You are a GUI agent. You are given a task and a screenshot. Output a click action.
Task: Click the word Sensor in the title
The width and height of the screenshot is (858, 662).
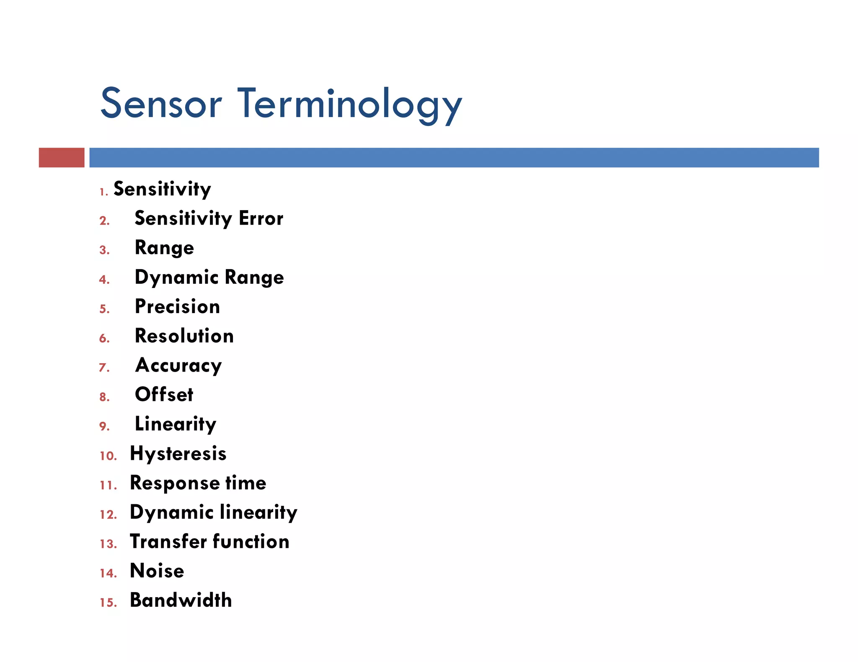(161, 103)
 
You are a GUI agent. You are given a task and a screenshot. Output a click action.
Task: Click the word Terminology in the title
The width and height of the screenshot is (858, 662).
(350, 105)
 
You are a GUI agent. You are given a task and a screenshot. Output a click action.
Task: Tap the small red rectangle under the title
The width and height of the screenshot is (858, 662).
(62, 157)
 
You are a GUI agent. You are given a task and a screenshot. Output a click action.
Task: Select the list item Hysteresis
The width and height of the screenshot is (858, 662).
(178, 454)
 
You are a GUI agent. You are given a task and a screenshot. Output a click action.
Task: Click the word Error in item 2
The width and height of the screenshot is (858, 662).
(261, 218)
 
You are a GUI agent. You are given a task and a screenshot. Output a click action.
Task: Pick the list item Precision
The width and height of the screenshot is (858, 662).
(177, 307)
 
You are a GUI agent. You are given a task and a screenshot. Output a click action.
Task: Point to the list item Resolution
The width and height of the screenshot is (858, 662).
(184, 336)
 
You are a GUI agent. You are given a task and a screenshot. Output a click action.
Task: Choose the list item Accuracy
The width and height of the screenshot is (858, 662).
(178, 366)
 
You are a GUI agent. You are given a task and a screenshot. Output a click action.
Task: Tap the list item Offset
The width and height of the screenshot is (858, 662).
(164, 395)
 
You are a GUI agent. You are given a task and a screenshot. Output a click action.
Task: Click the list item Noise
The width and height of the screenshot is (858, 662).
(157, 571)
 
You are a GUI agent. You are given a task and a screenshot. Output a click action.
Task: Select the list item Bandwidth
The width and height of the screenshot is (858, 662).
(181, 600)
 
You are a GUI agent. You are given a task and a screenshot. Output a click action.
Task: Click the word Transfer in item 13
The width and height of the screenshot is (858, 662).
(168, 541)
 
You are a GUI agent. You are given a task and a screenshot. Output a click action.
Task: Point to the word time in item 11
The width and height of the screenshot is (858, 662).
(246, 483)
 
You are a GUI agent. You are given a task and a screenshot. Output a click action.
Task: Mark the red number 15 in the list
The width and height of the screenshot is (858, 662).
(108, 603)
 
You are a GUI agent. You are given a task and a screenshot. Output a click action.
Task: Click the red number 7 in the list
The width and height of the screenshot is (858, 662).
(104, 367)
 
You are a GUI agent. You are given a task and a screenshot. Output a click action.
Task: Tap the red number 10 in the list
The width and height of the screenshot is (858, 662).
(108, 456)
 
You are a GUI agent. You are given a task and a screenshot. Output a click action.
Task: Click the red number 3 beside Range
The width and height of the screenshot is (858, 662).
(104, 250)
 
